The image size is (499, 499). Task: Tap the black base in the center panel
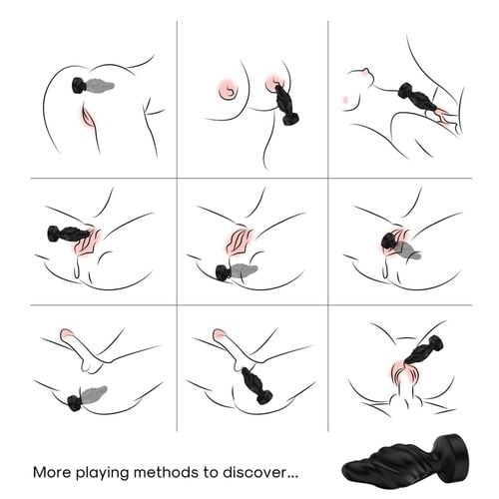(223, 272)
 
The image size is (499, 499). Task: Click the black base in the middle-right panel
(388, 242)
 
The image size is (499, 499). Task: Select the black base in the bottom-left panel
(73, 401)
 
